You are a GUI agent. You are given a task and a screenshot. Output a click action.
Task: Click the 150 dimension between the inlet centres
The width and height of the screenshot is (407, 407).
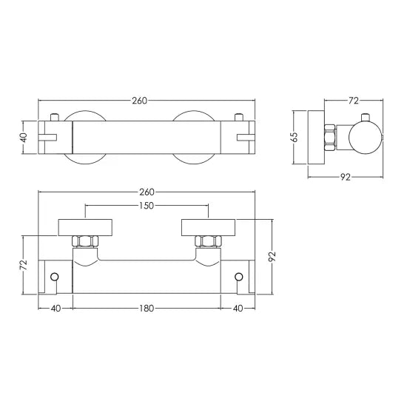(x=147, y=206)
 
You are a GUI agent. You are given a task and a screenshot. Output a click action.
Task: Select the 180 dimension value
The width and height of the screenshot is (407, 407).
(x=147, y=308)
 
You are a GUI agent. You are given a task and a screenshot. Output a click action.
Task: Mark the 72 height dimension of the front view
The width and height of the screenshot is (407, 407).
(x=24, y=264)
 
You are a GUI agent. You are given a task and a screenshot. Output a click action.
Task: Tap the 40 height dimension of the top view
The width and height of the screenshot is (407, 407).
(x=24, y=137)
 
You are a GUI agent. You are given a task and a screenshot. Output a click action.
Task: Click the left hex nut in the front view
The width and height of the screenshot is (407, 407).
(x=84, y=241)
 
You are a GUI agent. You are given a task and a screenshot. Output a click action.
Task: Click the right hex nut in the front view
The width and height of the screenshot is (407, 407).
(x=208, y=241)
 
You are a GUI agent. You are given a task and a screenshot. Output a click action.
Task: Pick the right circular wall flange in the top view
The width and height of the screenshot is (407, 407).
(x=194, y=137)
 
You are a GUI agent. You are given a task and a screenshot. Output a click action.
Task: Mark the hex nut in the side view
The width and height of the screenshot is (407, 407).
(x=329, y=137)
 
